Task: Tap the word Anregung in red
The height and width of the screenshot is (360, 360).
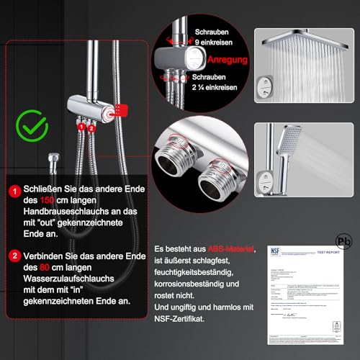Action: (225, 60)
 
